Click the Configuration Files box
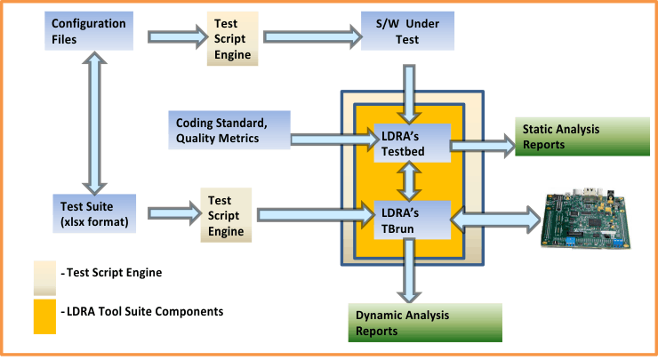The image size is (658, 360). (88, 30)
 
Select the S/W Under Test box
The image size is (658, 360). (408, 32)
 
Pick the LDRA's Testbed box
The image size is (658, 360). (409, 143)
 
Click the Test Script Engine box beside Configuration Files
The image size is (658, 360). (234, 38)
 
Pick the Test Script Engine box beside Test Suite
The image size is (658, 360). (227, 213)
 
